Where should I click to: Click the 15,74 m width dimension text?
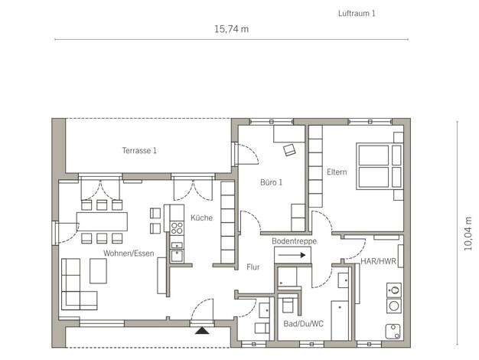point(231,29)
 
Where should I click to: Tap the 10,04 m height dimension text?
point(468,234)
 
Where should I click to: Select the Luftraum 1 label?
point(357,14)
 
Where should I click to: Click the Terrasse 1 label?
point(139,150)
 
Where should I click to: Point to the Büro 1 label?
point(272,182)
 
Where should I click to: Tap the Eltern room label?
point(337,172)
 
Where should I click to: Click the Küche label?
point(201,218)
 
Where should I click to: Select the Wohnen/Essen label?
point(129,254)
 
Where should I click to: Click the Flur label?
point(253,267)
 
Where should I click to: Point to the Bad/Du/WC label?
point(303,323)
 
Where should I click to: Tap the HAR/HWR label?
point(378,261)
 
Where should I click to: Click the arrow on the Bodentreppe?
point(292,255)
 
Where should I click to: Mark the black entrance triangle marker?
point(202,330)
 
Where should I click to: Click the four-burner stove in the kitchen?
point(177,228)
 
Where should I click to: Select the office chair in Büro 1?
point(289,150)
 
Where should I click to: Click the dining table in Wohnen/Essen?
point(102,221)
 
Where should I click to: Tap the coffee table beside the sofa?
point(98,271)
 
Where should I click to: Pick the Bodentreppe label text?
point(294,241)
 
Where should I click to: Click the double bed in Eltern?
point(379,166)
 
